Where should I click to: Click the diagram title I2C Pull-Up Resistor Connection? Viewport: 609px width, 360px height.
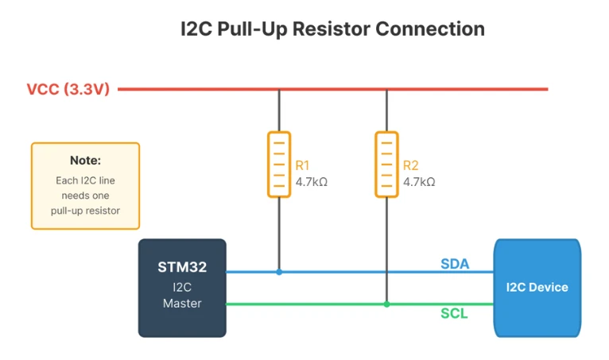pos(332,29)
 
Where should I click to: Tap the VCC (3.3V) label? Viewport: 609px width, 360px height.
pos(68,89)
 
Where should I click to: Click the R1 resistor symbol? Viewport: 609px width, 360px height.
pos(278,164)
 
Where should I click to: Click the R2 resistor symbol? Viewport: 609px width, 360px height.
pos(386,164)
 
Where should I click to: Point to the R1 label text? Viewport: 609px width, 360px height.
pos(302,165)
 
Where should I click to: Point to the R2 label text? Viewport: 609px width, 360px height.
pos(410,165)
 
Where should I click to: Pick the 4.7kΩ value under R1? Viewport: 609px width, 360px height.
pos(311,181)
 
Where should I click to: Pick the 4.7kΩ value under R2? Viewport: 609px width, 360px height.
pos(419,181)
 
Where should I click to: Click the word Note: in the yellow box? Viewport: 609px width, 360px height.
pos(85,161)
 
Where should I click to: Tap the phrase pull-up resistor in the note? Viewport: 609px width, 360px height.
pos(85,211)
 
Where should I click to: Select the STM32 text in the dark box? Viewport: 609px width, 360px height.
pos(182,267)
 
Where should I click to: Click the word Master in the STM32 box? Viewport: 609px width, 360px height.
pos(182,303)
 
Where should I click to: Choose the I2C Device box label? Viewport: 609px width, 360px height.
pos(537,287)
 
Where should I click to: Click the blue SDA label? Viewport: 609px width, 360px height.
pos(454,263)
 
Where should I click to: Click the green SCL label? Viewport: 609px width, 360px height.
pos(454,314)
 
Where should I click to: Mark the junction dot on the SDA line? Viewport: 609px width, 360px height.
pos(278,272)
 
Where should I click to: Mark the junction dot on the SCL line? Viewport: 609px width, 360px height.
pos(386,304)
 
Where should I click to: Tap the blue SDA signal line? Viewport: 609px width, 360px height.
pos(358,272)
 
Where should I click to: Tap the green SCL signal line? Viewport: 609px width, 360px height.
pos(318,304)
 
